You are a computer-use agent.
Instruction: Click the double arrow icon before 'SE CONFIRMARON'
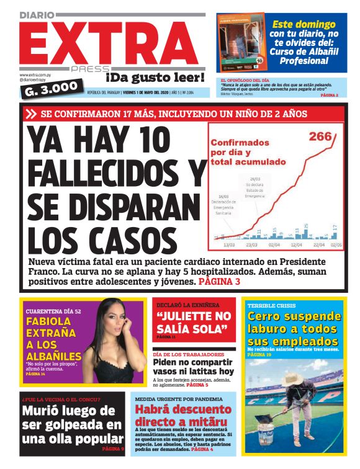point(32,114)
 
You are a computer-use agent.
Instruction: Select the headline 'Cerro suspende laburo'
point(294,329)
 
